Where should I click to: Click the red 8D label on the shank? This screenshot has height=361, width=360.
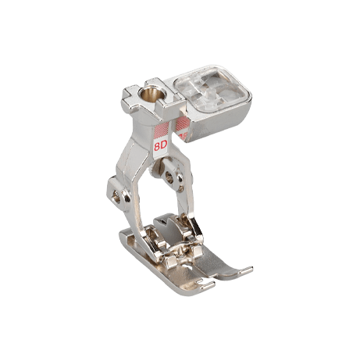click(160, 146)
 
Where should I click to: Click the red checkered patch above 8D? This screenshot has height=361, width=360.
click(162, 130)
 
